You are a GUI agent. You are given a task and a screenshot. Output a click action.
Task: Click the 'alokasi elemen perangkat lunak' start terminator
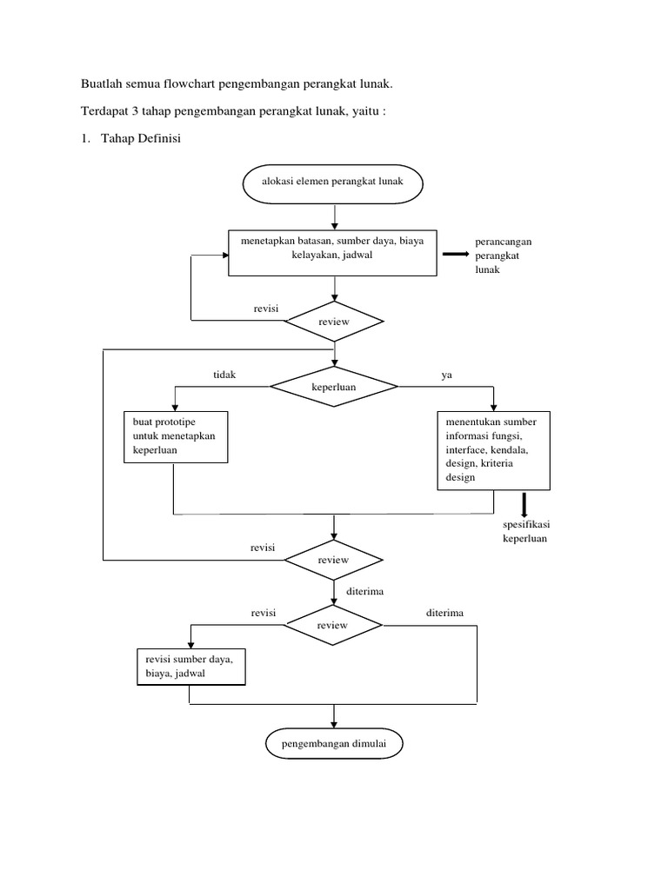(x=334, y=183)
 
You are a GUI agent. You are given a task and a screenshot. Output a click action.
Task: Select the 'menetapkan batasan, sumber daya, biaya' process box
(x=333, y=253)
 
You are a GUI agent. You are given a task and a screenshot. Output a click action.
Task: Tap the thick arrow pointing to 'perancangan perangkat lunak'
(x=455, y=255)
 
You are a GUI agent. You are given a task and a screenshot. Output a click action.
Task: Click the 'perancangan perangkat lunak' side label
(x=503, y=256)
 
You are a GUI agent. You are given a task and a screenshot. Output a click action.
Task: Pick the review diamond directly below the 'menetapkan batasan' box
(x=334, y=322)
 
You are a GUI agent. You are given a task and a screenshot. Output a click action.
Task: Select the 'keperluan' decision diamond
(x=334, y=387)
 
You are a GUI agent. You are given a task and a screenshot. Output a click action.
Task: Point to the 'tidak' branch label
(x=224, y=374)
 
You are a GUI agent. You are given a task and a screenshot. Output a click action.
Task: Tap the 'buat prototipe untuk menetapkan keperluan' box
(x=174, y=437)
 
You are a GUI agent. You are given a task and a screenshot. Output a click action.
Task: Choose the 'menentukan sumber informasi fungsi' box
(x=494, y=449)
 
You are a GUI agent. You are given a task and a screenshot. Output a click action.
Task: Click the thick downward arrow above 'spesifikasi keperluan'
(x=524, y=504)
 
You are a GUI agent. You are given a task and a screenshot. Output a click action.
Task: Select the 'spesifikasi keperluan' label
(x=525, y=532)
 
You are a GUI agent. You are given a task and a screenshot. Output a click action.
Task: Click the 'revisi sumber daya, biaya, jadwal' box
(x=190, y=667)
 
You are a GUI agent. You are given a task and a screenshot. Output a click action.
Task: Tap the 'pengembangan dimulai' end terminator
(x=334, y=745)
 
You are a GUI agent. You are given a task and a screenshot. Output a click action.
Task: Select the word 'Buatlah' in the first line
(x=101, y=84)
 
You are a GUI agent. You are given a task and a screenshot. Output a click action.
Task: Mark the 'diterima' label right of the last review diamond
(x=444, y=613)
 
